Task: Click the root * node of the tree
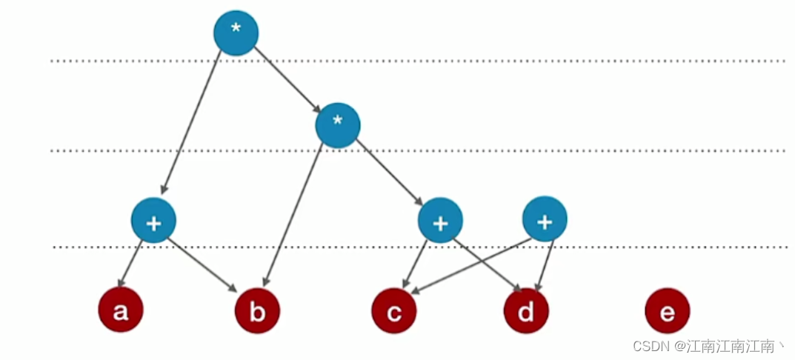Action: [x=236, y=32]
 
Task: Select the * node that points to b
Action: [x=337, y=124]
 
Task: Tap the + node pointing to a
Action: [x=153, y=220]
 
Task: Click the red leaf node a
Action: [x=120, y=310]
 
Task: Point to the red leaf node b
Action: [x=257, y=312]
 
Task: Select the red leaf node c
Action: [x=394, y=312]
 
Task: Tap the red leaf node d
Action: [x=526, y=312]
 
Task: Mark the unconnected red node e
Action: [x=667, y=312]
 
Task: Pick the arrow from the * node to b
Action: [x=293, y=215]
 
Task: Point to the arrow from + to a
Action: [x=131, y=263]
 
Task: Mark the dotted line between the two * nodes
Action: [x=445, y=61]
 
